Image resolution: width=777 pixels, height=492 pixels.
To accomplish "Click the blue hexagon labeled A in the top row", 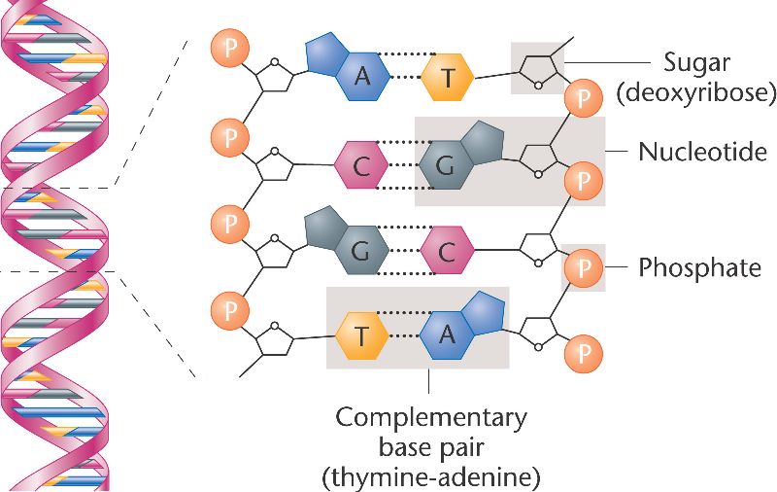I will pyautogui.click(x=361, y=79).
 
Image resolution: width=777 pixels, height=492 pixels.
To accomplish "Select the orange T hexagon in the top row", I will pyautogui.click(x=448, y=79).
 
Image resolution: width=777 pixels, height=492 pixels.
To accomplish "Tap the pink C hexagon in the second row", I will pyautogui.click(x=361, y=166).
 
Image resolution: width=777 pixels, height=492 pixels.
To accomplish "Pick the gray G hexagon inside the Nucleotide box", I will pyautogui.click(x=445, y=166).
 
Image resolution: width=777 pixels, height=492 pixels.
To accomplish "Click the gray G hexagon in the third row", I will pyautogui.click(x=360, y=253).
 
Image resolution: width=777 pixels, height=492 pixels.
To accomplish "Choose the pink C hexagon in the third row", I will pyautogui.click(x=446, y=253).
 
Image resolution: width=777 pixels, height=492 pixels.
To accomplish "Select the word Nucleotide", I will pyautogui.click(x=702, y=152).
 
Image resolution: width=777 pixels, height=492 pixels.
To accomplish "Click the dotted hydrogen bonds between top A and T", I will pyautogui.click(x=404, y=79).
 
